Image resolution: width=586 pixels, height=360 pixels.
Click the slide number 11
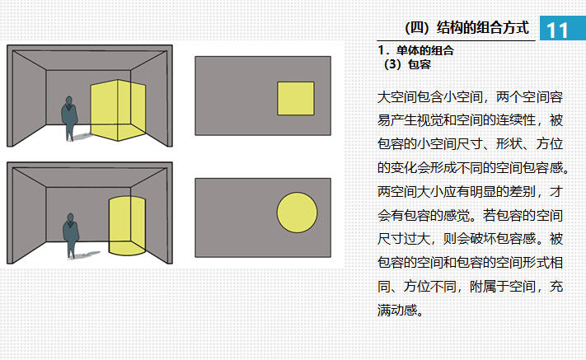(x=557, y=29)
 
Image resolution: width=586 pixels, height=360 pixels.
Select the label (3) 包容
(x=407, y=63)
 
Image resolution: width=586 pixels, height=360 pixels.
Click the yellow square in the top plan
(x=295, y=98)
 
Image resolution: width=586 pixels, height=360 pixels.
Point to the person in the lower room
(x=70, y=235)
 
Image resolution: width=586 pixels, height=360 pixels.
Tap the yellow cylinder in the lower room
(x=126, y=225)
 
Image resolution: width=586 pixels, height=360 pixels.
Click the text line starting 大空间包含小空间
(x=470, y=96)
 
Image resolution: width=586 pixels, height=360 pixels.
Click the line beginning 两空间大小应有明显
(x=470, y=191)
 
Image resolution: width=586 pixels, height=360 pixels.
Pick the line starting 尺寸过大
(x=470, y=240)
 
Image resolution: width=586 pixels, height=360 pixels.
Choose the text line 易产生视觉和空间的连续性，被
(x=470, y=119)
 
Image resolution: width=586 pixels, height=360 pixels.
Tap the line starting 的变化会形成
(x=473, y=167)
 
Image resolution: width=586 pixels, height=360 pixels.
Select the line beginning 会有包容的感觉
(x=470, y=216)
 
